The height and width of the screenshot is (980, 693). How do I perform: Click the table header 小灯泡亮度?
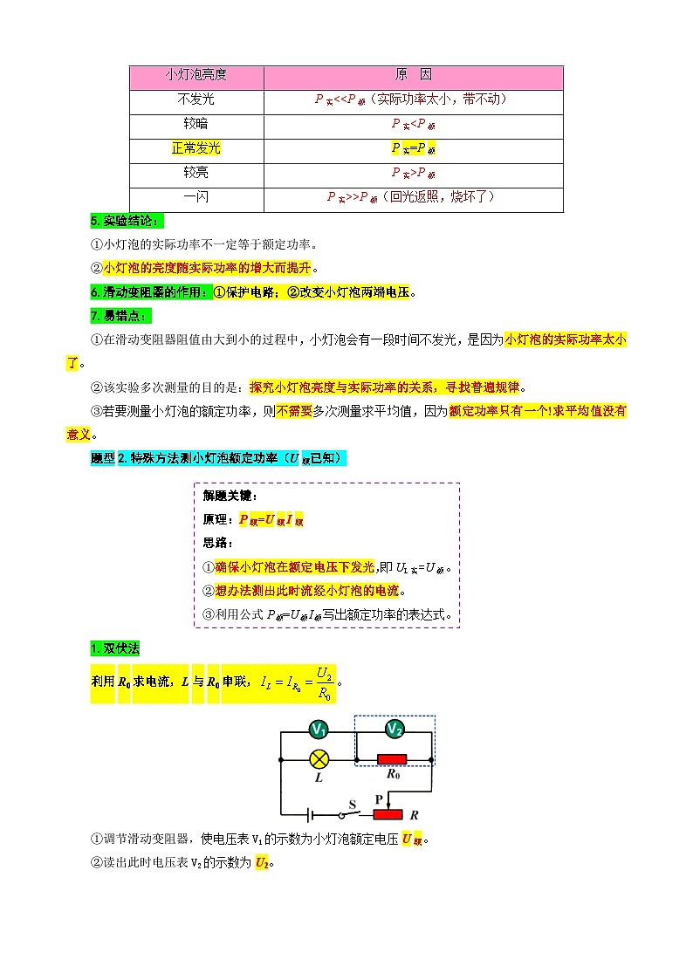pos(196,76)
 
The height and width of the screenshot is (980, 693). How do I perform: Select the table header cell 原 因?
pos(413,76)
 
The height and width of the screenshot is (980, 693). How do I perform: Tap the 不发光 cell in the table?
pos(196,100)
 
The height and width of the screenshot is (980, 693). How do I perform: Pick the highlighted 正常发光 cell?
pos(196,148)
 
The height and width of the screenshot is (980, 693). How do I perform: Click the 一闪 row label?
pos(196,197)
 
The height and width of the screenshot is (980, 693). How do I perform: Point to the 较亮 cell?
pos(196,173)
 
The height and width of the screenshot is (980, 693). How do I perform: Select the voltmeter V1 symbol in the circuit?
pos(319,730)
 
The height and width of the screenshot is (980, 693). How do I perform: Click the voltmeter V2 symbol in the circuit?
pos(395,729)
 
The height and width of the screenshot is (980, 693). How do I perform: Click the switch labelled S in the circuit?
pos(353,814)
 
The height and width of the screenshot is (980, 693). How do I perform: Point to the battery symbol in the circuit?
pos(311,815)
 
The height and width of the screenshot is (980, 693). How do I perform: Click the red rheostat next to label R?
pos(388,815)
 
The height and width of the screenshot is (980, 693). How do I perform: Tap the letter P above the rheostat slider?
pos(379,798)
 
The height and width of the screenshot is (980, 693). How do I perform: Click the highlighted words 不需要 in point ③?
pos(293,410)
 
